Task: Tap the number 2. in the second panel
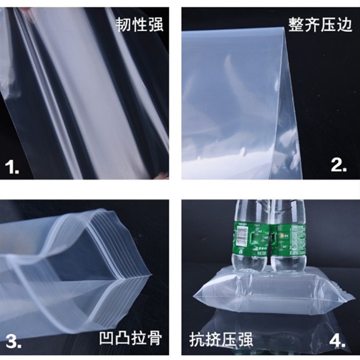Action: tap(339, 165)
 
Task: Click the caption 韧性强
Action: tap(138, 24)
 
